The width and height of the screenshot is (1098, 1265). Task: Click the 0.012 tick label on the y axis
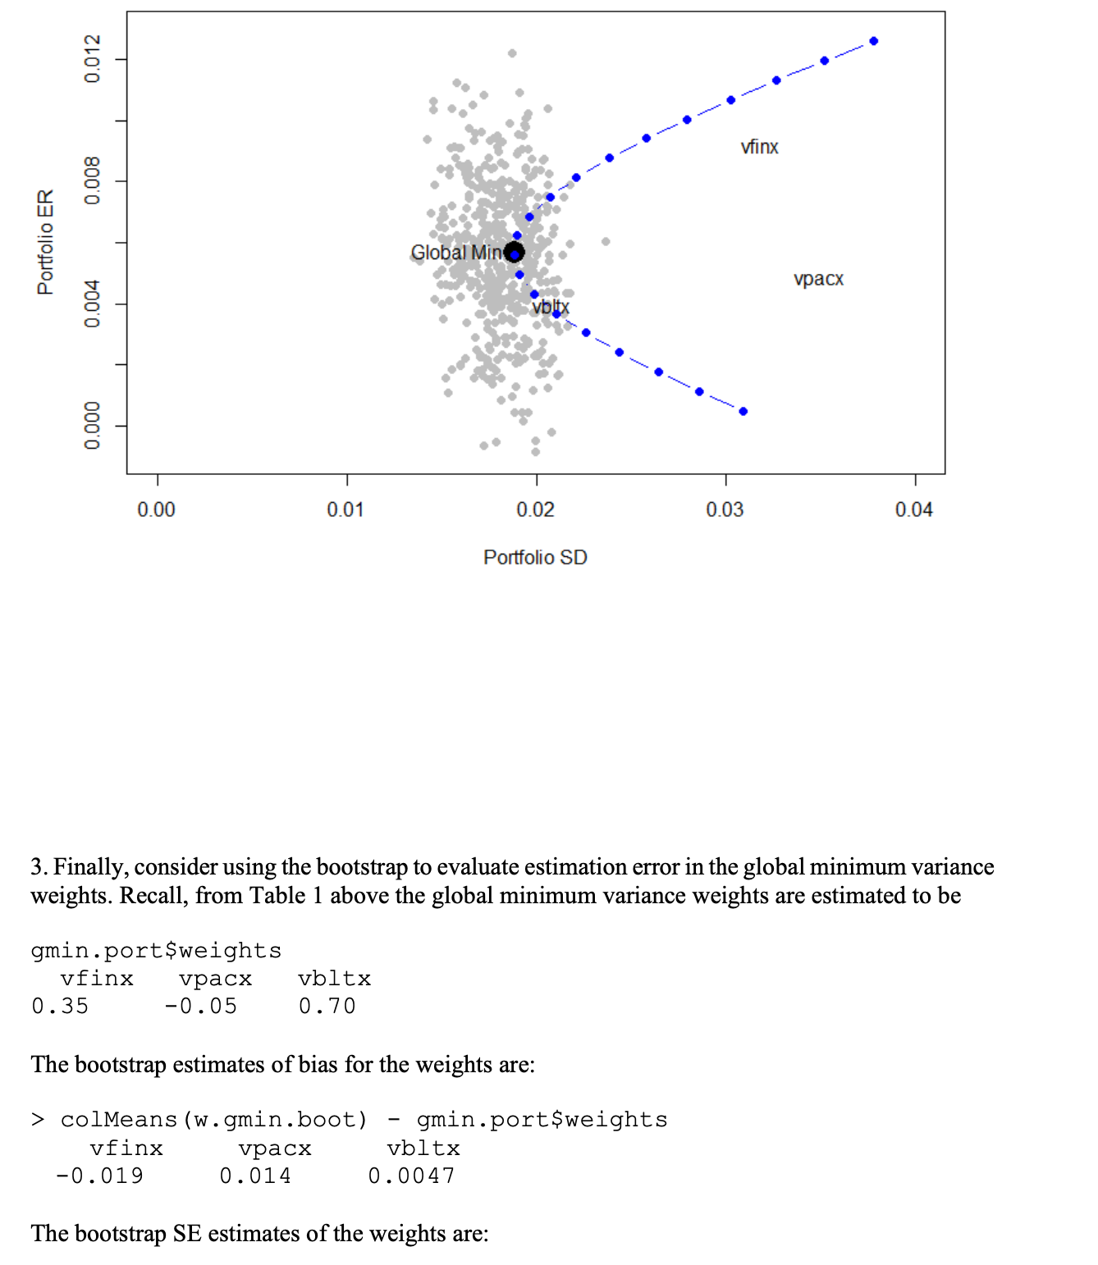(92, 59)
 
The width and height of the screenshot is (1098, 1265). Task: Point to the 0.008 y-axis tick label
(92, 180)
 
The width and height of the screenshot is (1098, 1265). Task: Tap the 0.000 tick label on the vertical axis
(92, 425)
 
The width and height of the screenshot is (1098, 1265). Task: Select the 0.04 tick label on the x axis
(914, 509)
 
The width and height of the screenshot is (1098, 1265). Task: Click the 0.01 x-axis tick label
(345, 509)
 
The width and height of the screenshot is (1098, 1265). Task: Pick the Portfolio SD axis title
(535, 558)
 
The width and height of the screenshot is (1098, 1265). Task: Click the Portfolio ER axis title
(46, 242)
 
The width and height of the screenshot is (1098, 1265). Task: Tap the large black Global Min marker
(514, 252)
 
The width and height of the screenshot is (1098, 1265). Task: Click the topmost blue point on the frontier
(874, 41)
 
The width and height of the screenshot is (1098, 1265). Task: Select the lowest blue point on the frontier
(743, 411)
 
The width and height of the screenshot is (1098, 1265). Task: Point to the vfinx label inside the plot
(759, 147)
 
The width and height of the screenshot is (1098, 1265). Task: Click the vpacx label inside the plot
(818, 279)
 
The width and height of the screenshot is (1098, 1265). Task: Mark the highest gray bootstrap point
(512, 53)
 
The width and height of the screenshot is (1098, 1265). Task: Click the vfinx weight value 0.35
(60, 1006)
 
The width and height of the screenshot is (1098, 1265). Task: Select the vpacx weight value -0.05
(200, 1006)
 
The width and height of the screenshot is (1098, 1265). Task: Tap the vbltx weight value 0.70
(327, 1006)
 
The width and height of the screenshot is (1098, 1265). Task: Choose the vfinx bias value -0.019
(99, 1176)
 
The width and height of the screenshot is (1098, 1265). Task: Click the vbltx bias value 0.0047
(411, 1176)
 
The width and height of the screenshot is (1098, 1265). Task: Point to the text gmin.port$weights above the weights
(156, 950)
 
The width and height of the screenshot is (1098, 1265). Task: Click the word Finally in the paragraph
(90, 867)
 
